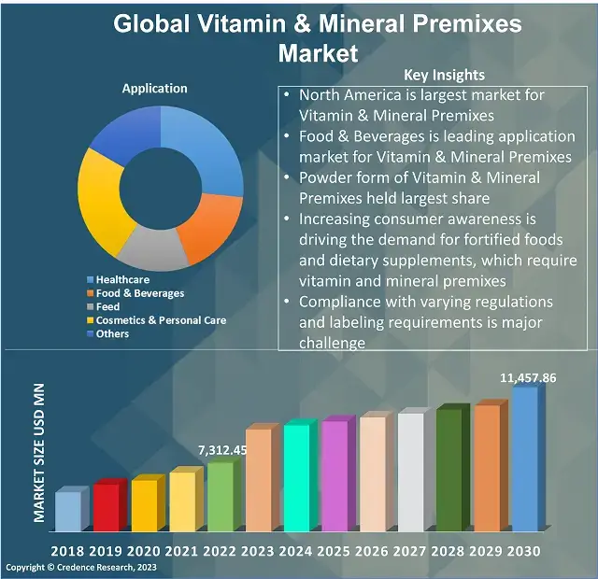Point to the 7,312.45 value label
click(222, 450)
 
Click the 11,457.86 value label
click(528, 378)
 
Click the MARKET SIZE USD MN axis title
click(39, 452)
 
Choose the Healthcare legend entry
click(121, 279)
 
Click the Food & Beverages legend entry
click(139, 293)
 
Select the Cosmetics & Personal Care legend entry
click(161, 320)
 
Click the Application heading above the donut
click(155, 89)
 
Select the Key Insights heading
click(444, 75)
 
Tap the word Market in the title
click(318, 52)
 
